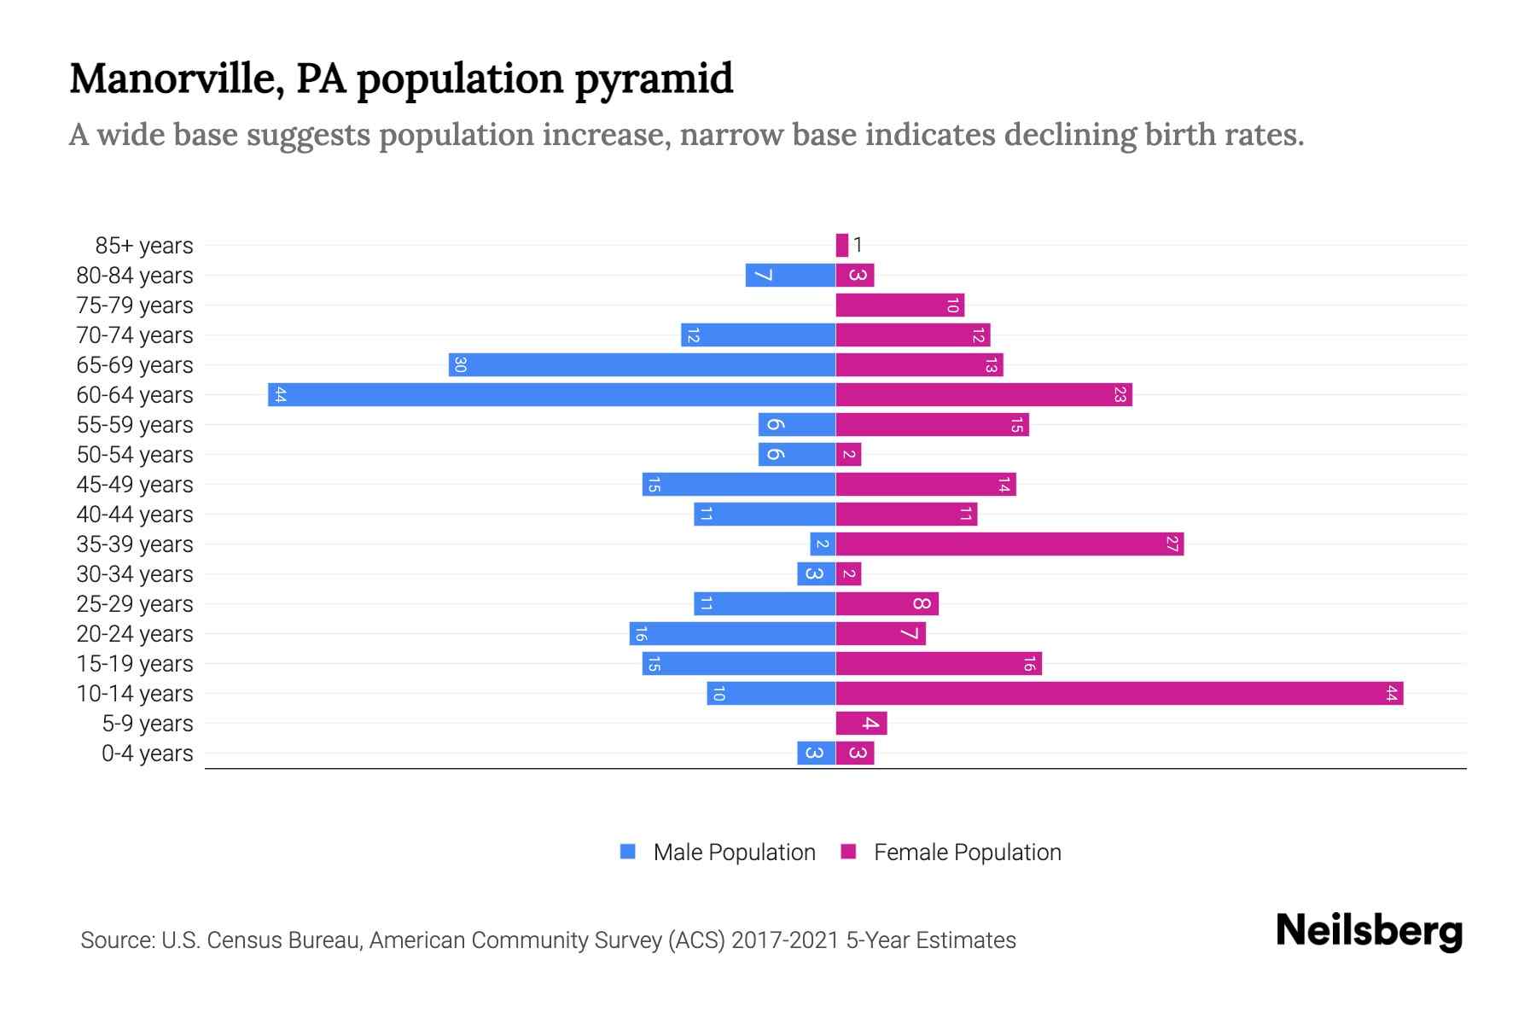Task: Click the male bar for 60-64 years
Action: click(551, 394)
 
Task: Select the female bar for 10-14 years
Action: click(1119, 693)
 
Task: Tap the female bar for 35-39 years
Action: click(1009, 544)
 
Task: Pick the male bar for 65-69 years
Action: click(642, 364)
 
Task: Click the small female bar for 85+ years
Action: click(842, 245)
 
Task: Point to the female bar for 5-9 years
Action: click(861, 723)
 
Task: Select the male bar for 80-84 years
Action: click(790, 275)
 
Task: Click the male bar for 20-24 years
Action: click(732, 633)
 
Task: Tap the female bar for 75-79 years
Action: click(899, 305)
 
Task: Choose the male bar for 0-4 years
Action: click(816, 753)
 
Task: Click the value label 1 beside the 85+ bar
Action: click(858, 245)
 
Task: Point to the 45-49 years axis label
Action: click(135, 484)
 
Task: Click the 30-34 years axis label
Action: click(135, 573)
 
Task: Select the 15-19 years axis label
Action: click(135, 663)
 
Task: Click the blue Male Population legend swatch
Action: click(628, 852)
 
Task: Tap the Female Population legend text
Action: click(967, 852)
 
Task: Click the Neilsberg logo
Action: click(1369, 931)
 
